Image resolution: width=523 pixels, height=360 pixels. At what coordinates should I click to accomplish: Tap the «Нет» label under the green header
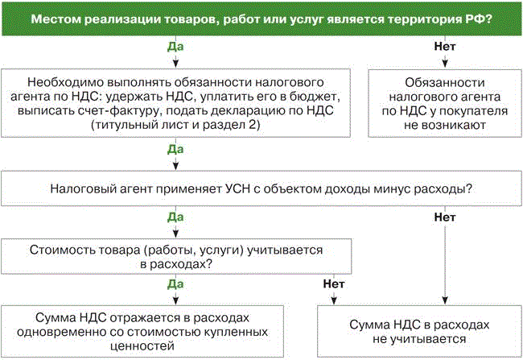click(445, 46)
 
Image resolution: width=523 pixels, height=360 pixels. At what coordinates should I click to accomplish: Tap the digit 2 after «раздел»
click(256, 125)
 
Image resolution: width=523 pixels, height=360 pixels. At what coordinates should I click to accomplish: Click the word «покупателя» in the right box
click(467, 111)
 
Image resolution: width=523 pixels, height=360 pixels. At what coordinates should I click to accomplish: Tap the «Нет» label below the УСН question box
click(445, 217)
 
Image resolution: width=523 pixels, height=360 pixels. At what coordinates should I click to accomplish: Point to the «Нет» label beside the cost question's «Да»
click(334, 283)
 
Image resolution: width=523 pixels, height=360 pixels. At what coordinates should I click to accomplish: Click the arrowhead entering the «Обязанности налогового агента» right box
click(445, 65)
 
